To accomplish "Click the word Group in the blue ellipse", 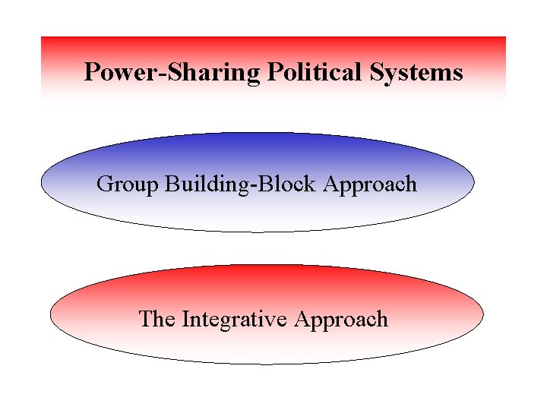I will point(128,184).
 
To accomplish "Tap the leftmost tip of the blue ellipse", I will point(41,183).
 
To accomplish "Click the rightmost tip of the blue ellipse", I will point(474,182).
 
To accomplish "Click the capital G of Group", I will point(104,184).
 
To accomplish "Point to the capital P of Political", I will point(274,72).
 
